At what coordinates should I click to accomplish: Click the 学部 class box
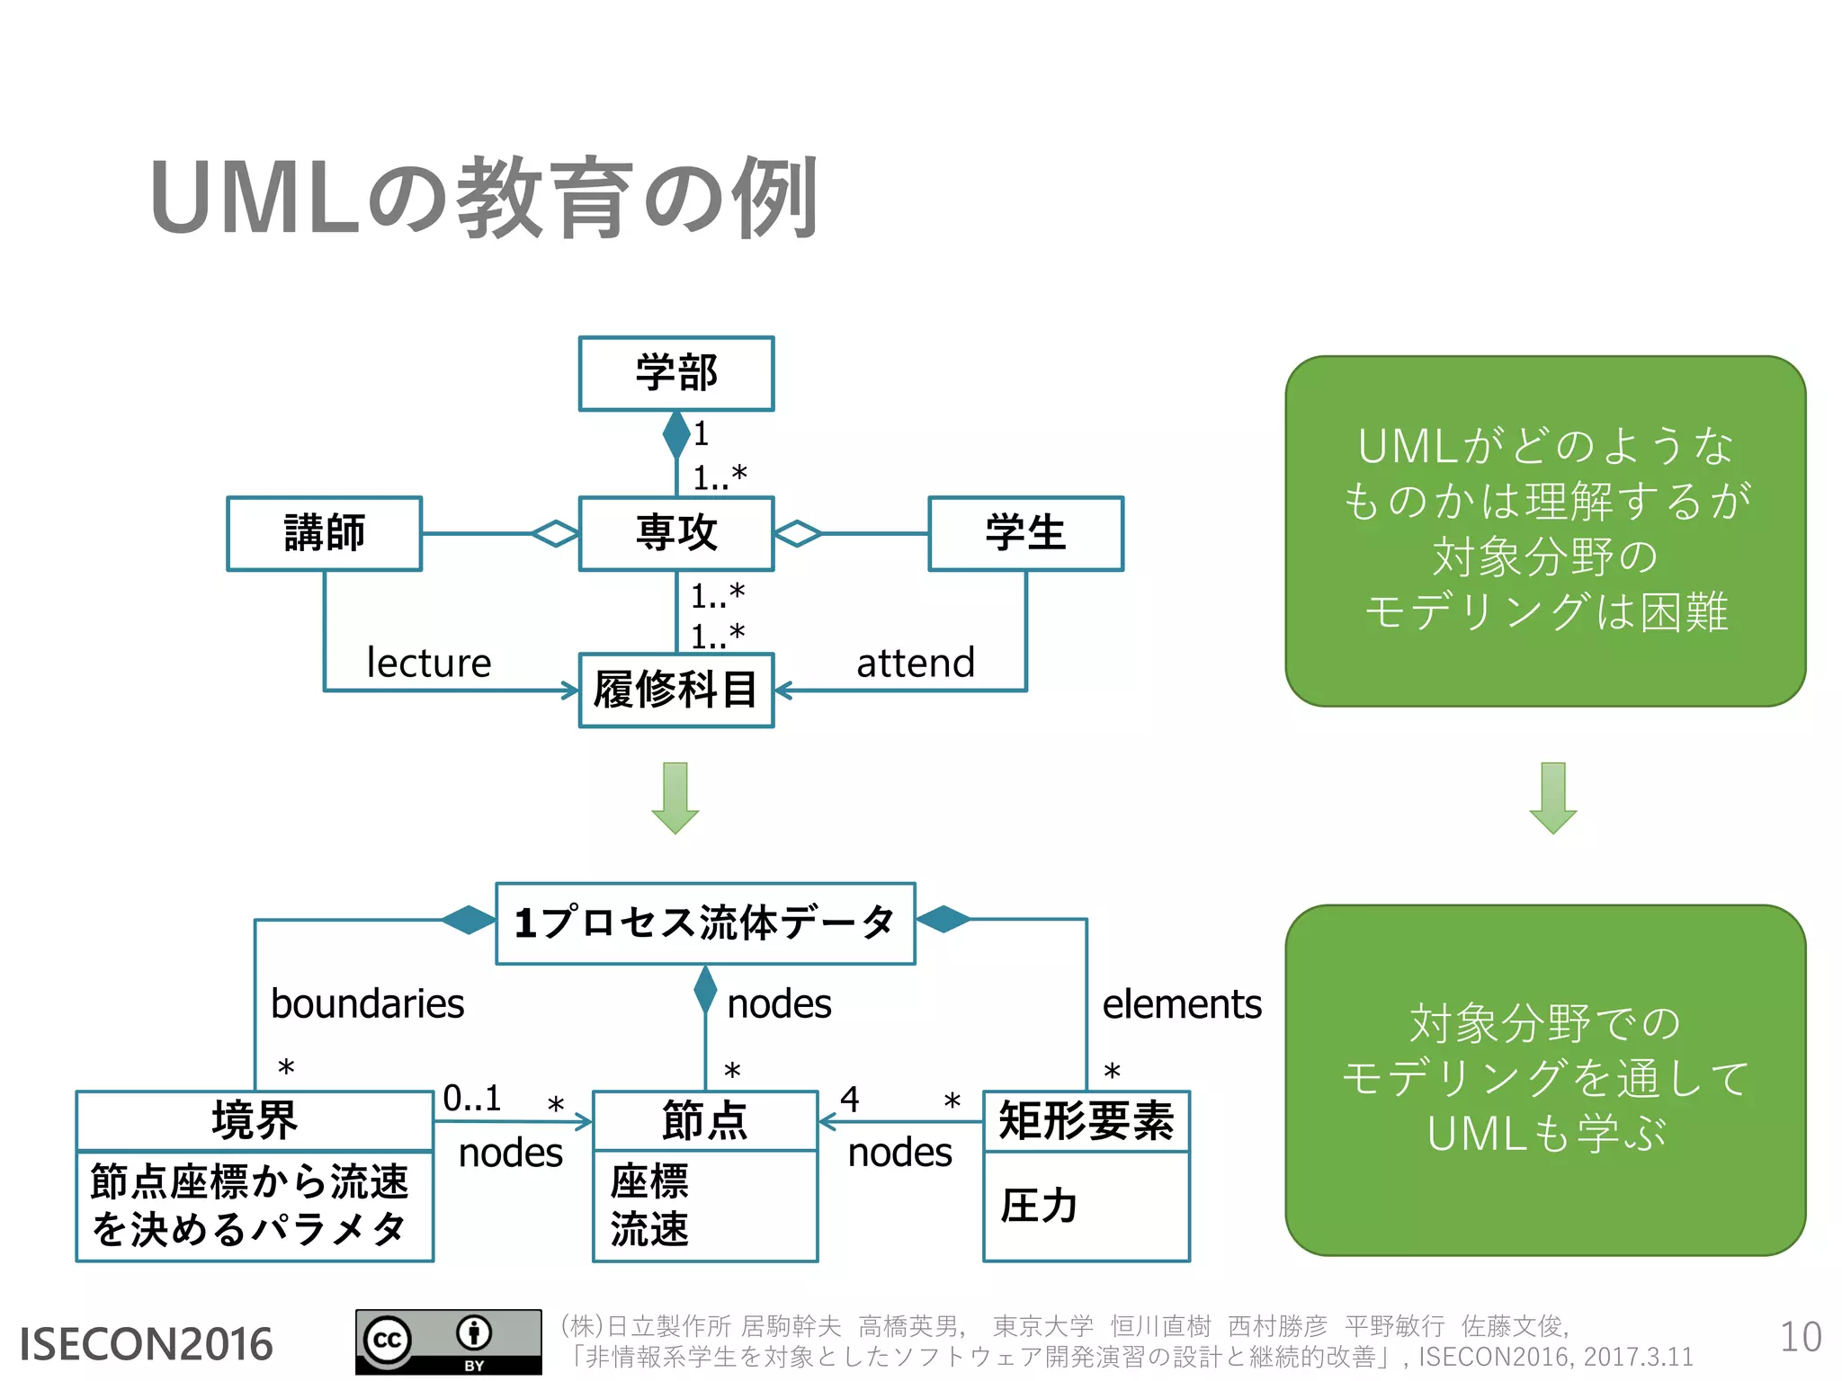(676, 374)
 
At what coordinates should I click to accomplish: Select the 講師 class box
(324, 533)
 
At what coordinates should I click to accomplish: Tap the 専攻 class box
(676, 533)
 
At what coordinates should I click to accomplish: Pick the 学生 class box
(1025, 533)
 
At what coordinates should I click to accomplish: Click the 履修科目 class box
(676, 690)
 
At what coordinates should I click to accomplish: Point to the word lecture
(429, 664)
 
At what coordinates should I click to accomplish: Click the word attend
(915, 664)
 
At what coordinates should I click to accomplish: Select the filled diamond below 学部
(676, 435)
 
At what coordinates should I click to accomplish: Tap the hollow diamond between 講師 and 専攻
(555, 533)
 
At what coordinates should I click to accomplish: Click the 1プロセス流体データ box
(705, 923)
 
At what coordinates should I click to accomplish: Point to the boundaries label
(367, 1004)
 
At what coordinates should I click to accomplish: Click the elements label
(1181, 1004)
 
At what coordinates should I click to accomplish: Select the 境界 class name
(255, 1120)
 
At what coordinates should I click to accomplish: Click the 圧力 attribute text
(1039, 1206)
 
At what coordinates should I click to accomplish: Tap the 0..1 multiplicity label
(471, 1099)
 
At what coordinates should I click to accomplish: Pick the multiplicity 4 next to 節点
(850, 1099)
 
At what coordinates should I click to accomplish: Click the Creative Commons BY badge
(448, 1341)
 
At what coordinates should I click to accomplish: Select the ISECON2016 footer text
(146, 1344)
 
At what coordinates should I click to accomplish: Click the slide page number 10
(1800, 1338)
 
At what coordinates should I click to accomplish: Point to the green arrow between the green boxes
(1552, 798)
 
